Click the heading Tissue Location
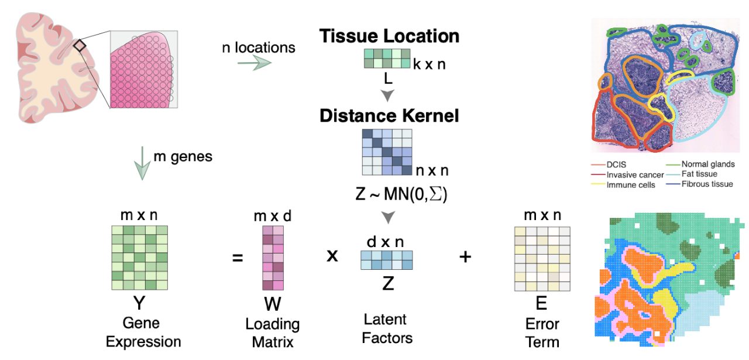[389, 36]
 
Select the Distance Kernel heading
[389, 115]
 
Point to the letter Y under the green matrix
[140, 303]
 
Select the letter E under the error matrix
[541, 303]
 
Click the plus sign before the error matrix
[465, 256]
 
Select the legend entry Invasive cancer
[635, 174]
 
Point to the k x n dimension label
[429, 64]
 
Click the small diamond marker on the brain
[80, 45]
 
